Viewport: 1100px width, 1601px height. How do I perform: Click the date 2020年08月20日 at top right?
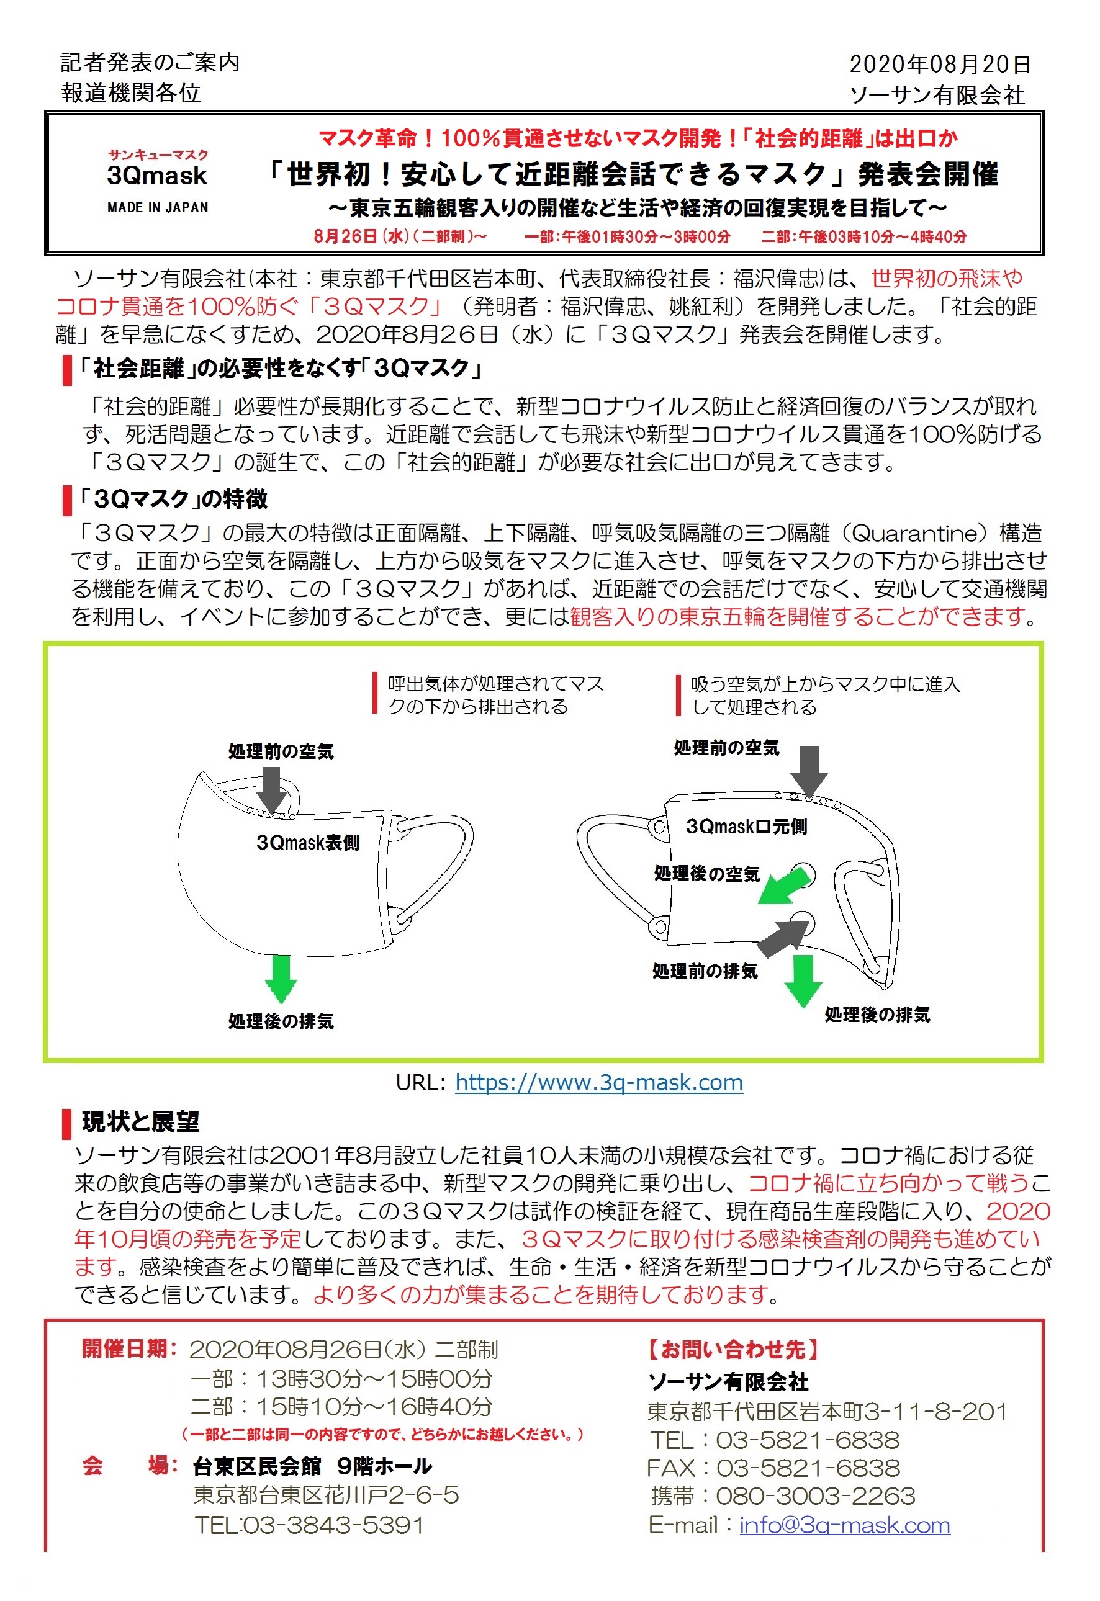point(939,64)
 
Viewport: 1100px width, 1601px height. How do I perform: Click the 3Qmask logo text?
point(157,176)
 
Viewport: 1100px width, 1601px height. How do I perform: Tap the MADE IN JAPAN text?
point(157,207)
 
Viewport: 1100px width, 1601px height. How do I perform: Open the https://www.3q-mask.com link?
point(599,1082)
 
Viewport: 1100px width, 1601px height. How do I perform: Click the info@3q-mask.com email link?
point(844,1525)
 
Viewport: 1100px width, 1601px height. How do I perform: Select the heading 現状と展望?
point(140,1121)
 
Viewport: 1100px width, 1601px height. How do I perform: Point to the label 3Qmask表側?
point(307,842)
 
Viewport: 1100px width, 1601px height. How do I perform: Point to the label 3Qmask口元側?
point(746,826)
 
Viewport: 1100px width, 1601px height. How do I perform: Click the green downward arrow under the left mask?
point(281,978)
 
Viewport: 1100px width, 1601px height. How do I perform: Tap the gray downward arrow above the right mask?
point(809,769)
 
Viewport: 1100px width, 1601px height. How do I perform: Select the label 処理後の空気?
point(706,874)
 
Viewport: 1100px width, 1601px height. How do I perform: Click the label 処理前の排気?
point(705,971)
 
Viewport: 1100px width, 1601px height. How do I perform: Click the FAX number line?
point(773,1468)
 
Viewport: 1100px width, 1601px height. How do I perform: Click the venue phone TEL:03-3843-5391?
point(309,1525)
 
